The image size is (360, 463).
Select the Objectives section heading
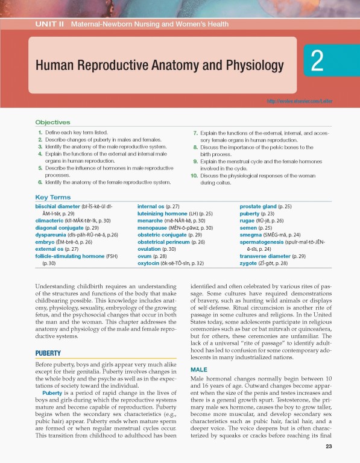pos(52,122)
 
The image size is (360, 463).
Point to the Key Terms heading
pos(53,197)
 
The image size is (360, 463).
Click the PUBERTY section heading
pos(49,353)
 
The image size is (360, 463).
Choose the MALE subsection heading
pos(198,369)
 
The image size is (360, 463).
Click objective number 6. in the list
pos(39,181)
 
